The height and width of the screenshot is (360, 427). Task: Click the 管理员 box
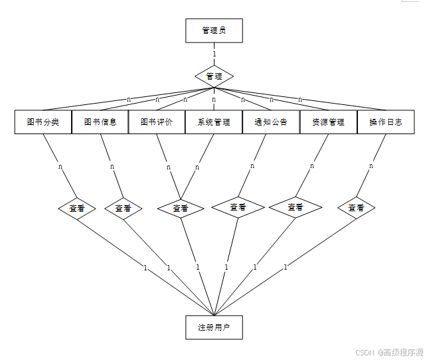tap(214, 31)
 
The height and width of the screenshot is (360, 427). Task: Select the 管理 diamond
tap(214, 76)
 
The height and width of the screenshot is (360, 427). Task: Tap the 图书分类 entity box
tap(43, 122)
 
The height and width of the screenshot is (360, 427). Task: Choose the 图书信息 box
tap(100, 122)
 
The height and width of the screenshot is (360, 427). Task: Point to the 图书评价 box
tap(157, 122)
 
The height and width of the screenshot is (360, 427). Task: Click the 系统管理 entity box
tap(214, 122)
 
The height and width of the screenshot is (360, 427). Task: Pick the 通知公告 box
tap(271, 122)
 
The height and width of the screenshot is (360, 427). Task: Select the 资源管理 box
tap(328, 122)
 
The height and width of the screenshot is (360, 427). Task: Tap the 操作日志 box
tap(386, 122)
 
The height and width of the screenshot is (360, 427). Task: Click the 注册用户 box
tap(214, 327)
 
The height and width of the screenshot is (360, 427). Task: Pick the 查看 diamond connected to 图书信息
tap(124, 208)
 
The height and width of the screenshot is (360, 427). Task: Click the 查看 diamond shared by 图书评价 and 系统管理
tap(181, 208)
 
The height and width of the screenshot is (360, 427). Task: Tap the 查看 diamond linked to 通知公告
tap(238, 207)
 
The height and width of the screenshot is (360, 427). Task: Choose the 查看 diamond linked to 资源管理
tap(296, 207)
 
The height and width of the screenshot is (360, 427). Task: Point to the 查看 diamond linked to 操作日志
tap(357, 208)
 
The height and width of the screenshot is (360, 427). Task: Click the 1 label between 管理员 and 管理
tap(214, 53)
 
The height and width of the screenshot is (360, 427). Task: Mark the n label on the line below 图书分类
tap(60, 167)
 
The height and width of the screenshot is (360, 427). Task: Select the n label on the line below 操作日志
tap(371, 166)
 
